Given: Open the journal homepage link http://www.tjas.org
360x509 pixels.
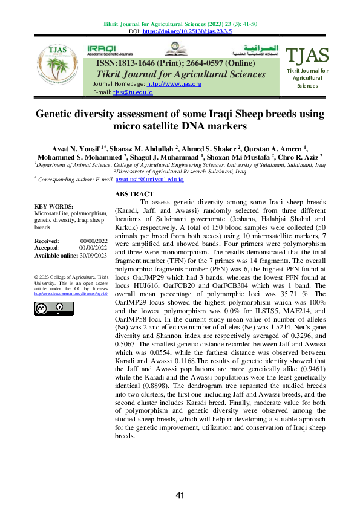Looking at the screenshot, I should click(x=174, y=83).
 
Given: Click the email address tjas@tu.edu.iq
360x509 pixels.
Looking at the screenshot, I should click(x=133, y=92).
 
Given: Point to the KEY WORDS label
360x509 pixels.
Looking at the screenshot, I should click(x=54, y=206).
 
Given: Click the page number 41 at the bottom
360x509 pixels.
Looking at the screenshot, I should click(x=180, y=496).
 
